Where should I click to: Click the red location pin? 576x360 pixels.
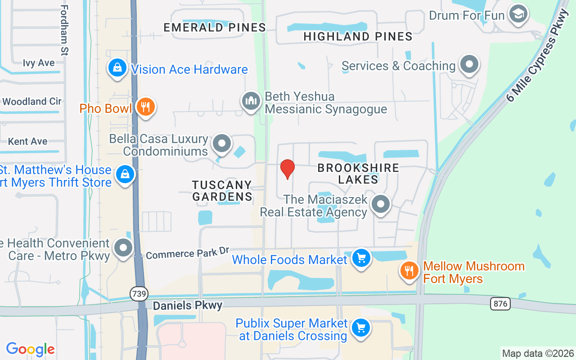click(288, 169)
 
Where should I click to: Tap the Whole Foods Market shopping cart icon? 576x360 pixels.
click(361, 259)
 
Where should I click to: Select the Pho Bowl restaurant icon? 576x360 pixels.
click(145, 108)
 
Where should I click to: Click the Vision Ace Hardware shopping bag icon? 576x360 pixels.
click(117, 68)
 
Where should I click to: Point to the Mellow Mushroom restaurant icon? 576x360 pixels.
click(409, 271)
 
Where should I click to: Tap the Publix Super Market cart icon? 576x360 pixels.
click(360, 328)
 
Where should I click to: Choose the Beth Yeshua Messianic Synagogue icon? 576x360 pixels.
click(251, 101)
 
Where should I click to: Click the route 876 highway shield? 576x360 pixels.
click(500, 304)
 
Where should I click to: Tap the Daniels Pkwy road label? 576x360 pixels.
click(188, 306)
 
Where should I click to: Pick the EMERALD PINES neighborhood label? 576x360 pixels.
click(215, 27)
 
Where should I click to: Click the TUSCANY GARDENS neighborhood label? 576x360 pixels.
click(222, 191)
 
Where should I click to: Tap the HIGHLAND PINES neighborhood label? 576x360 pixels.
click(358, 36)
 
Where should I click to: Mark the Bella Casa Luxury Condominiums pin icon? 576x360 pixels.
click(221, 144)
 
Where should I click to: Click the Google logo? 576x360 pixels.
click(31, 349)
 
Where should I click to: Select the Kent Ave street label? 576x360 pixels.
click(28, 141)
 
